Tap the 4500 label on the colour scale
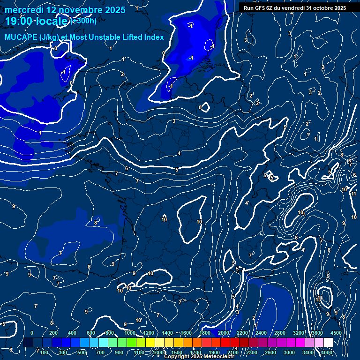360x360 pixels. coord(336,333)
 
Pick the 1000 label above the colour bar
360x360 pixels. coord(130,333)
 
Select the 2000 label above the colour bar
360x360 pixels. coord(224,333)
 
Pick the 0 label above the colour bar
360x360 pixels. coord(32,333)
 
